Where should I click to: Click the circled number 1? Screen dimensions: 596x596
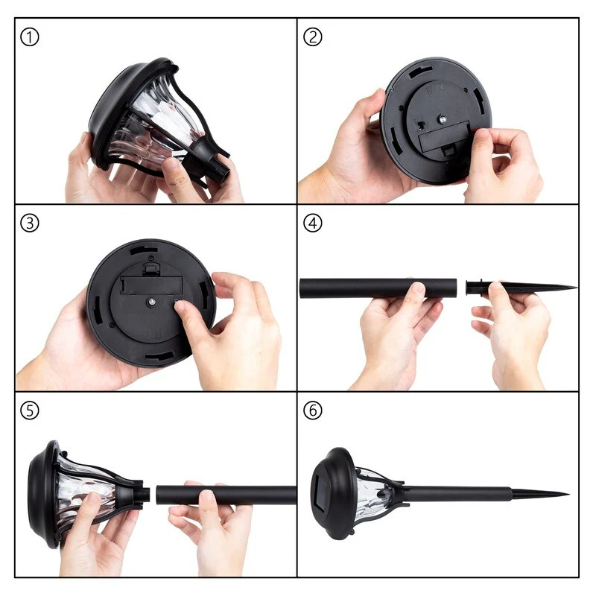tap(29, 37)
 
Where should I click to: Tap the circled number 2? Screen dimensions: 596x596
tap(312, 37)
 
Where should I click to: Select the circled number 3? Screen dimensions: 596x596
tap(29, 223)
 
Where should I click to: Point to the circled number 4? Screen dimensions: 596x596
tap(312, 223)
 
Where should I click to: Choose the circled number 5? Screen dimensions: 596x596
tap(29, 410)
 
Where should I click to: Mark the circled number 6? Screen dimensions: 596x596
tap(312, 410)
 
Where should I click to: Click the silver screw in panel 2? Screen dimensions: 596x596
tap(442, 120)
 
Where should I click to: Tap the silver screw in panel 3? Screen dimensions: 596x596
tap(151, 302)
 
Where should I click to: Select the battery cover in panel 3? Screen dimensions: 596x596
tap(151, 285)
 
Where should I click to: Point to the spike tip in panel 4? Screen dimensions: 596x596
tap(576, 288)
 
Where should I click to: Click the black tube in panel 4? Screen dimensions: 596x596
tap(378, 288)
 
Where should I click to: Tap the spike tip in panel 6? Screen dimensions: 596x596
tap(568, 494)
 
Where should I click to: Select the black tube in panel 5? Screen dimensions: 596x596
tap(226, 495)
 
